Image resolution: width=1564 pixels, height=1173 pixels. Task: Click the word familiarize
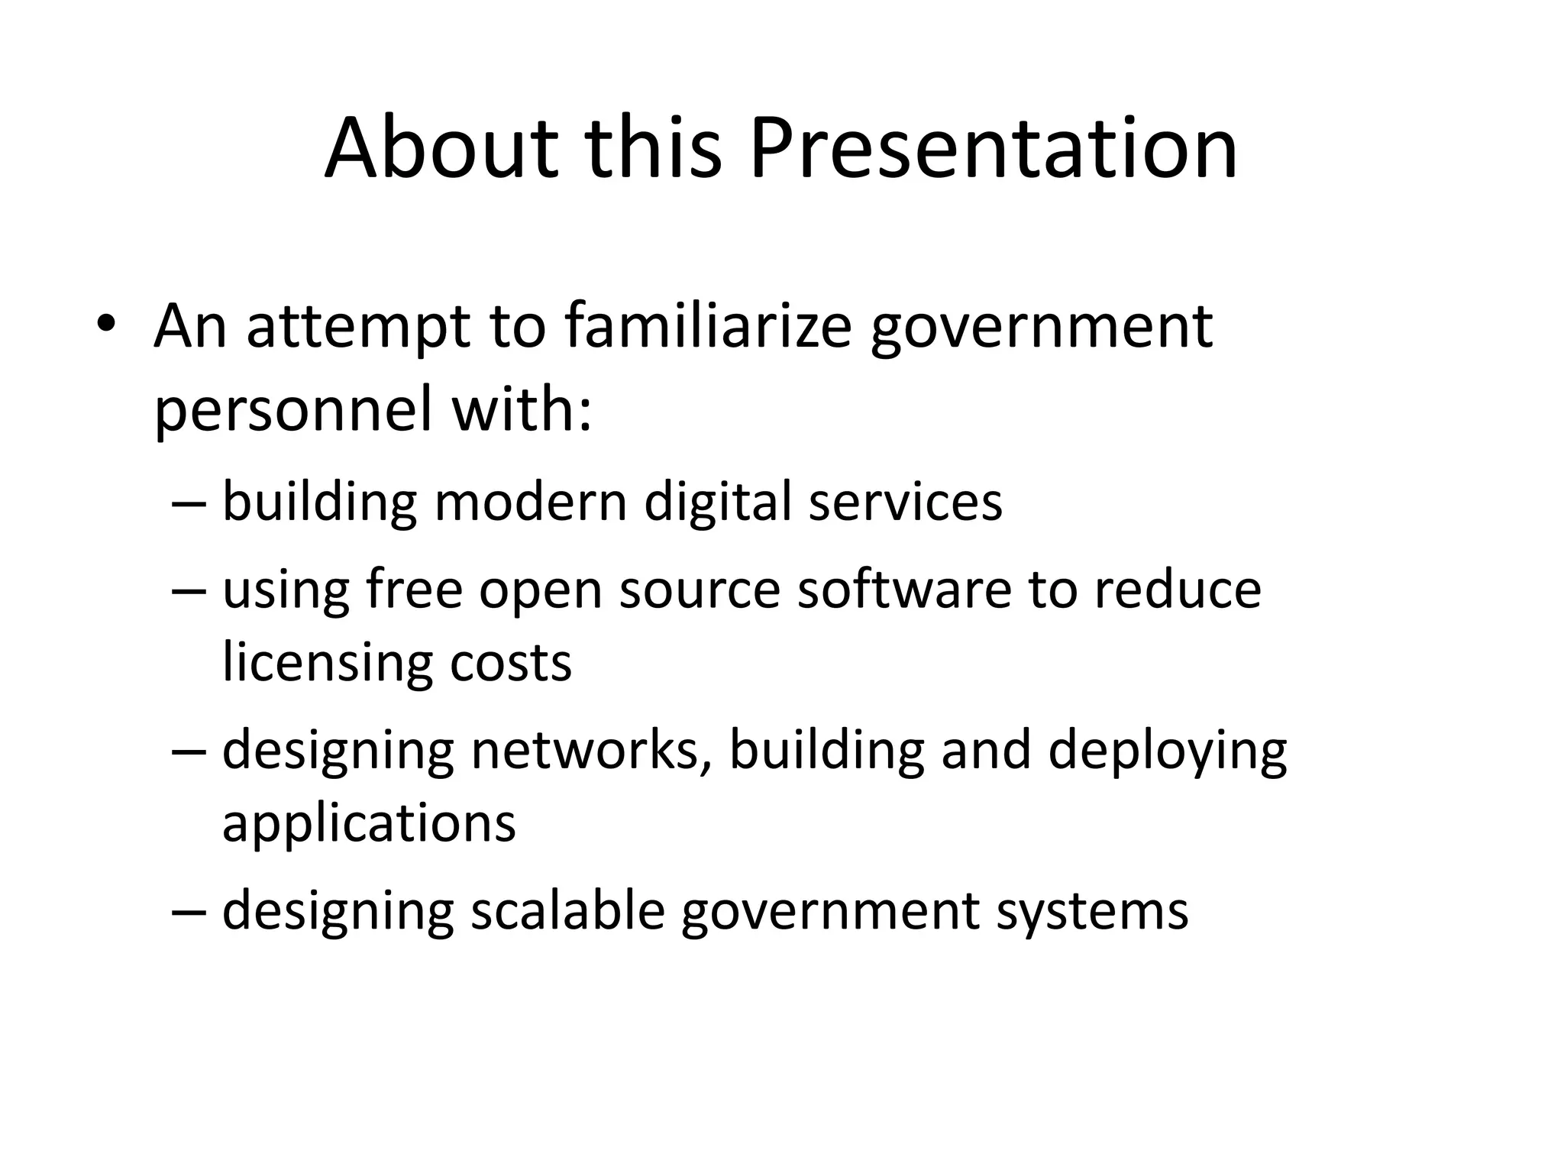tap(708, 326)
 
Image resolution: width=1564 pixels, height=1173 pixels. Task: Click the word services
tap(905, 502)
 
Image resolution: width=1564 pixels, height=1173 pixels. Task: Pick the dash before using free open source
tap(189, 591)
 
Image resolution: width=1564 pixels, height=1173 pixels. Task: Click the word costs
tap(510, 664)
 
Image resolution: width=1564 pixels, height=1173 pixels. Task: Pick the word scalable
tap(567, 910)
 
